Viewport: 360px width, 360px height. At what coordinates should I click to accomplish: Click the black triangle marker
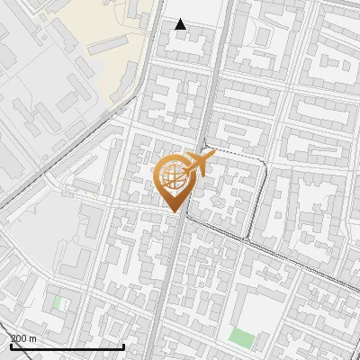coord(180,25)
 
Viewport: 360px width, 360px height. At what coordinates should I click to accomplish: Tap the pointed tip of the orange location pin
coord(172,211)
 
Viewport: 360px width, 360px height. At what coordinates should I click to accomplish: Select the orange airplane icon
coord(199,164)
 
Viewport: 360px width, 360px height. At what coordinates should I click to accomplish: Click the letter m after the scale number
coord(32,338)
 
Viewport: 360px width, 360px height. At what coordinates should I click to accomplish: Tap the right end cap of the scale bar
coord(123,346)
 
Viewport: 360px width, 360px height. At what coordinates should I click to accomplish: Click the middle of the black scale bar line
coord(67,346)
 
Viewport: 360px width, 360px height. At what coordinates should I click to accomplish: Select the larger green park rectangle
coord(241,338)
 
